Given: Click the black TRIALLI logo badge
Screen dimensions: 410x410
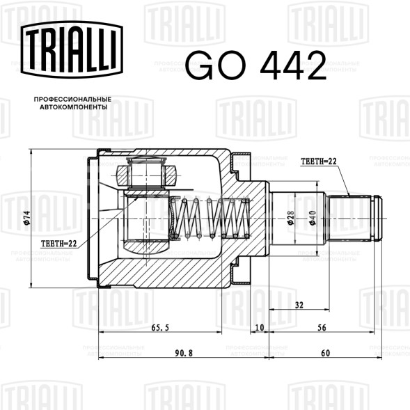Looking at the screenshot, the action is point(72,49).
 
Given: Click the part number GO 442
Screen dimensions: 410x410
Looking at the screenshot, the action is point(255,65).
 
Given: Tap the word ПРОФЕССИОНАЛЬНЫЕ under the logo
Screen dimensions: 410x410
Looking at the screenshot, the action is point(72,100).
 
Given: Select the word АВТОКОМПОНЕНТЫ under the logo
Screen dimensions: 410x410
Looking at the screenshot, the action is point(74,107).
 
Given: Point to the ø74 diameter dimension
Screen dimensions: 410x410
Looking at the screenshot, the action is point(27,218).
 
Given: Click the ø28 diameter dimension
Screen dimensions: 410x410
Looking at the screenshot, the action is point(291,218).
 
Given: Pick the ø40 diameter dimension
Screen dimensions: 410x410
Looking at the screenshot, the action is point(313,218).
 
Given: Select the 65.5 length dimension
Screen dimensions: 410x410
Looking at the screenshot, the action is point(160,327).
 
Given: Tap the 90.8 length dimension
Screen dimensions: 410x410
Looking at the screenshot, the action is point(184,353).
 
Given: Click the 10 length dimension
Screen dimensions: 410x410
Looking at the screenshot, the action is point(259,327).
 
